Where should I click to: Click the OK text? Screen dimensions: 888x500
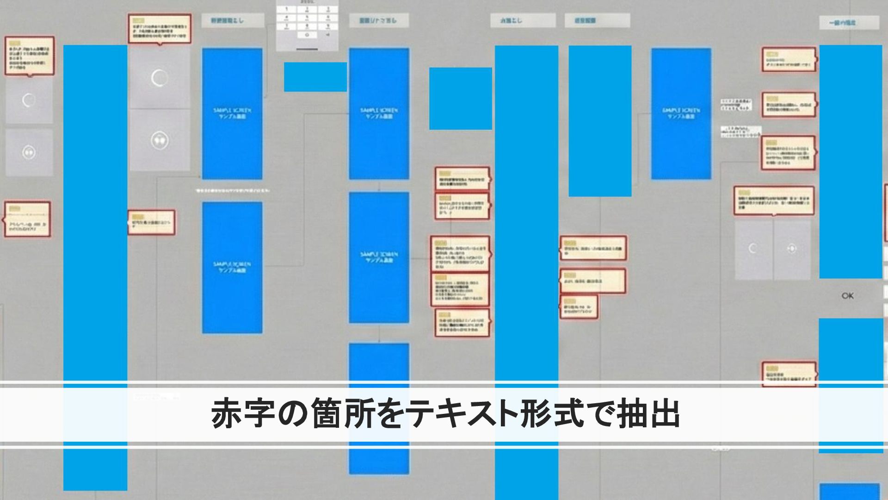click(x=847, y=296)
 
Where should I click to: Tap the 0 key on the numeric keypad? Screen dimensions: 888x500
click(x=307, y=35)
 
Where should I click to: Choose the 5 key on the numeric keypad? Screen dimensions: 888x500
click(x=307, y=18)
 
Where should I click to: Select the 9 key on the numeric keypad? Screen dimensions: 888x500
click(x=328, y=26)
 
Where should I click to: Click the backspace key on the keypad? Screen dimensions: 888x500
click(x=328, y=35)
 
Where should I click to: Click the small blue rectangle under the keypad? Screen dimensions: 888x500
click(x=315, y=77)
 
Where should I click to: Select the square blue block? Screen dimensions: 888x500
click(x=460, y=99)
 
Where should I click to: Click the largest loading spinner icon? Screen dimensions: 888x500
click(x=160, y=78)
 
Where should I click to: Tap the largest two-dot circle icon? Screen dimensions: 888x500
click(x=160, y=140)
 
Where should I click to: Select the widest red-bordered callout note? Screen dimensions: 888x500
click(x=774, y=200)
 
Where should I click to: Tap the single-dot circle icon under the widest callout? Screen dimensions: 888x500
click(x=791, y=249)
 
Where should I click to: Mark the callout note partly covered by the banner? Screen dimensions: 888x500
click(x=789, y=373)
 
